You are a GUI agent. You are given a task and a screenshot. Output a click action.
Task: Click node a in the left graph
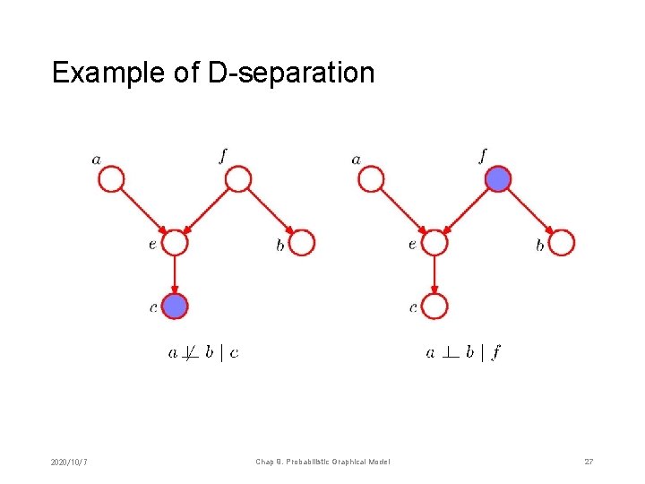tap(110, 180)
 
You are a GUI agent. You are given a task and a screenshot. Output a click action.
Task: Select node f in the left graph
tap(237, 180)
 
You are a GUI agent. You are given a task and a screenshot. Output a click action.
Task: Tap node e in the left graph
tap(175, 242)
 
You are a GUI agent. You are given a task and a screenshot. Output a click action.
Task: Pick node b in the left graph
tap(303, 242)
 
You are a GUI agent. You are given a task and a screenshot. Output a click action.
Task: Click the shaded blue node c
tap(175, 306)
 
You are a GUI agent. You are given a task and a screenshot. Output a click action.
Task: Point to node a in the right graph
tap(370, 180)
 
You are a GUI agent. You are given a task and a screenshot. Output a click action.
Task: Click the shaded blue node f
tap(498, 180)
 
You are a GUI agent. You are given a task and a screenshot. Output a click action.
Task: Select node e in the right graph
tap(434, 242)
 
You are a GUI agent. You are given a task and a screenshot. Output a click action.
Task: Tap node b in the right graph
tap(562, 242)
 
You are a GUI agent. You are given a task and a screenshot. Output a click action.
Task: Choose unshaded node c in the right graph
tap(434, 306)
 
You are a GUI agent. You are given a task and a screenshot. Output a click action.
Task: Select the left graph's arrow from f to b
tap(270, 212)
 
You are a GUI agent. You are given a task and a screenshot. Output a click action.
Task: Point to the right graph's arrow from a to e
tap(402, 212)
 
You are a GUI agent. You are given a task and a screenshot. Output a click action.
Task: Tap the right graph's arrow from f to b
tap(529, 212)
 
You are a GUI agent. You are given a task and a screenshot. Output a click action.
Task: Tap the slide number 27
tap(589, 462)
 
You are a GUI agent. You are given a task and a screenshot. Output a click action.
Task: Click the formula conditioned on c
tap(204, 353)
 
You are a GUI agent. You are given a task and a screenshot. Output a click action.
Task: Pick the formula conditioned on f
tap(463, 353)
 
